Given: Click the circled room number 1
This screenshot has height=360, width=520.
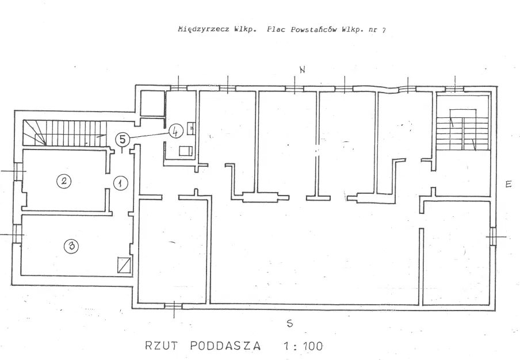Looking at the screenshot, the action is [x=121, y=183].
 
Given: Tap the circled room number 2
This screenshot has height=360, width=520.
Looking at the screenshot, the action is [x=64, y=181].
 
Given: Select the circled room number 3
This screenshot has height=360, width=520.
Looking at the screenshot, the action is [x=71, y=246].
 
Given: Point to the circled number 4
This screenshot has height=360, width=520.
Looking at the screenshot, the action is [x=176, y=132].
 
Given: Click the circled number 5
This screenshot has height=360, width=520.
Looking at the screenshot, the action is [x=123, y=139].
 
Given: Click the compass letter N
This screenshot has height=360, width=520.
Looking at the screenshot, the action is [x=302, y=70].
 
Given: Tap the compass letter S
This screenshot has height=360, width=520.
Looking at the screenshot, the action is [x=290, y=324].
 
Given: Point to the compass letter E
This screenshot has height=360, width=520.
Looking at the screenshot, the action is [x=508, y=184].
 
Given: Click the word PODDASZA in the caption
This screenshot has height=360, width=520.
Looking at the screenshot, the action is [x=225, y=346].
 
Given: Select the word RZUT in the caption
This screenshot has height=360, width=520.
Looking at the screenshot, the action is [x=162, y=346].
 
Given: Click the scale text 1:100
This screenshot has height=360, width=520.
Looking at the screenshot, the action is [x=303, y=346].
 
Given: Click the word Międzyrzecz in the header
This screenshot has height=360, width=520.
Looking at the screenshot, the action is [x=203, y=29].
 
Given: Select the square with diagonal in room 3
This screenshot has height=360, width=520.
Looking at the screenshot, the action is [x=124, y=265].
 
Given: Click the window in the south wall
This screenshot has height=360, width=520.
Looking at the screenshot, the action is [x=174, y=306].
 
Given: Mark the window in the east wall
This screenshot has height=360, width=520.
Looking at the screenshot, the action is [x=493, y=236].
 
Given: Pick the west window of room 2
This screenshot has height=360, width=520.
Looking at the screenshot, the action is [x=17, y=171].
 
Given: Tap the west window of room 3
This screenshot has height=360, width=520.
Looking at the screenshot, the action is [x=17, y=234].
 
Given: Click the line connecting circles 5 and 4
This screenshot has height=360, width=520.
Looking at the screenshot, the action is [x=149, y=135].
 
